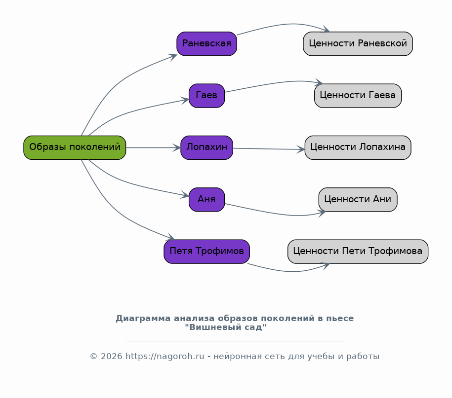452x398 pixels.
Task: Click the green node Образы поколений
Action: [75, 147]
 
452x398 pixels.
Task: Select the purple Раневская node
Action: [206, 43]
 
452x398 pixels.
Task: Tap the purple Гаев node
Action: [206, 95]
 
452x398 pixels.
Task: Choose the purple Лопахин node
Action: [206, 147]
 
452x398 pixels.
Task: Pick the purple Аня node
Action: [206, 199]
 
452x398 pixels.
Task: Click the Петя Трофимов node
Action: [206, 252]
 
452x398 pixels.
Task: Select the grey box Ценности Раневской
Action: [358, 43]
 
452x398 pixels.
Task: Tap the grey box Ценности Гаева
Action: [358, 95]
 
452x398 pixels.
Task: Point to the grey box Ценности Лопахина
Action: [358, 147]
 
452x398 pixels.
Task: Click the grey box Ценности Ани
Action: [358, 199]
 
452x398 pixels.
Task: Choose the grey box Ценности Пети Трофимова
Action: [358, 252]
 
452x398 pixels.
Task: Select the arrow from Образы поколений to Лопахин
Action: [153, 147]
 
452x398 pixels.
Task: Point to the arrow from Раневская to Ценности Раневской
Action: [282, 25]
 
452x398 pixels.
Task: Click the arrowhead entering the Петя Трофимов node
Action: [171, 238]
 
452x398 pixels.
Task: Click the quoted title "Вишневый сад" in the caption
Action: [225, 327]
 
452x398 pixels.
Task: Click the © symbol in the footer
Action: [93, 357]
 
